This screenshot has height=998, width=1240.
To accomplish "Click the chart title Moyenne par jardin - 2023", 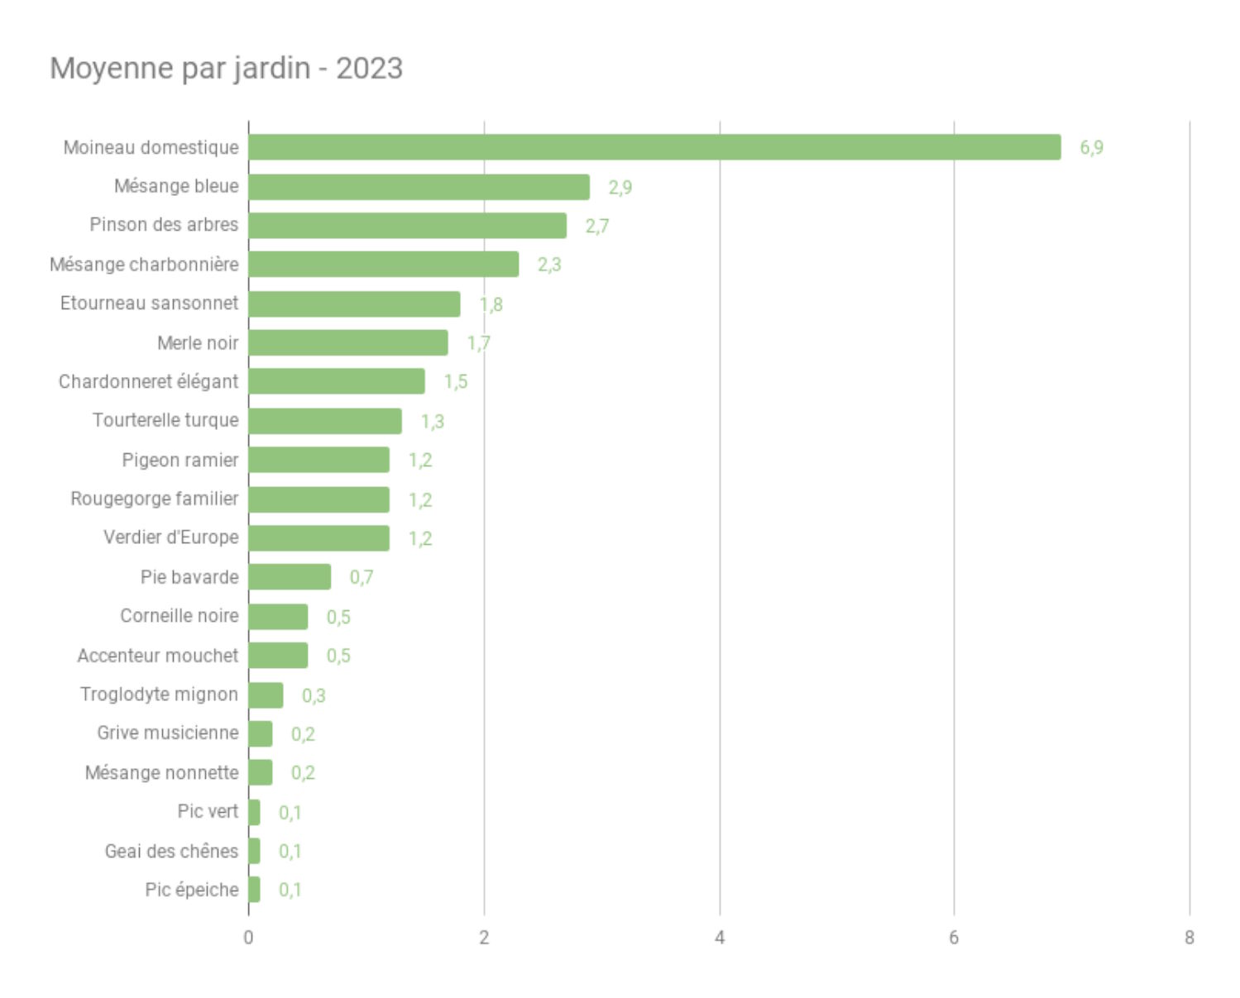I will tap(226, 68).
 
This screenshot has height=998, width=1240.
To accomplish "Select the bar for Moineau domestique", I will tap(654, 147).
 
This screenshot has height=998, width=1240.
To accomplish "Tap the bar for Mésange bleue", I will tap(419, 187).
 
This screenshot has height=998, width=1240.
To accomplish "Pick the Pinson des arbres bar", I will tap(407, 226).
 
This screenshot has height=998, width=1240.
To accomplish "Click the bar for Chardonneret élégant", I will tap(336, 381).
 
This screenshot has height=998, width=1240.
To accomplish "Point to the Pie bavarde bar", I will tap(290, 577).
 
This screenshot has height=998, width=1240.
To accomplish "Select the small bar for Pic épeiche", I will tap(254, 890).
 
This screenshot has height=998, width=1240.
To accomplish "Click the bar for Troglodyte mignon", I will tap(266, 695).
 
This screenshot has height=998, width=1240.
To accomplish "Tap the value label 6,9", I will tap(1091, 148).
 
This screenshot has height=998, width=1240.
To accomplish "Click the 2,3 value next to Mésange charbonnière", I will tap(549, 265).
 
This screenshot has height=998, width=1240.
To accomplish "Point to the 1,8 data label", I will tap(491, 304).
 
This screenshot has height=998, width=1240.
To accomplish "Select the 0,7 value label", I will tap(361, 577).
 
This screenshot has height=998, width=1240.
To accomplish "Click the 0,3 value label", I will tap(314, 695).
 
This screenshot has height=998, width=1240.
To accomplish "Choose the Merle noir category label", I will tap(198, 342).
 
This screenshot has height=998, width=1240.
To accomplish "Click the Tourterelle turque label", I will tap(165, 420).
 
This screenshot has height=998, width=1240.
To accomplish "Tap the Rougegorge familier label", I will tap(155, 499).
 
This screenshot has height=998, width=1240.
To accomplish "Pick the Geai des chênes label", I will tap(171, 851).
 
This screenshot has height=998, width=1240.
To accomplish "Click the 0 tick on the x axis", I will tap(248, 938).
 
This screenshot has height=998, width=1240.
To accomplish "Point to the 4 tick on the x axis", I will tap(720, 938).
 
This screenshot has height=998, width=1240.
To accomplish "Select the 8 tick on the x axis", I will tap(1190, 938).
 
